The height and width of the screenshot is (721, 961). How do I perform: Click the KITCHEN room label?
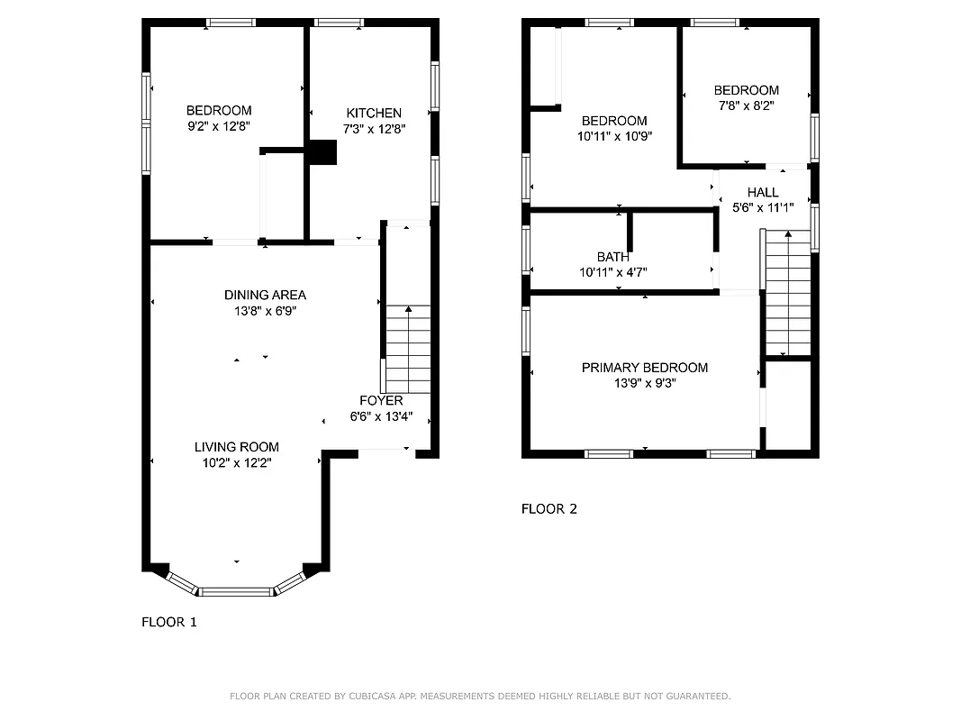coord(374,113)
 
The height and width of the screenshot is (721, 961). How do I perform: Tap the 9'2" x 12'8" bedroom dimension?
coord(219,127)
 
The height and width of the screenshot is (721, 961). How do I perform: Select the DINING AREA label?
coord(265,295)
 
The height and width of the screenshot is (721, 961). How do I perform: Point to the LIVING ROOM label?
coord(237,447)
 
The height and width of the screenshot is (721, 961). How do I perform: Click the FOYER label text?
coord(381,400)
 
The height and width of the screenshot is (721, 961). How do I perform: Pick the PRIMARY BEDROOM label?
coord(644,368)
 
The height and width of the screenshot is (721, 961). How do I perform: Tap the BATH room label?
coord(613,257)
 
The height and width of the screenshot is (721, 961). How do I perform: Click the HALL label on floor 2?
coord(763,192)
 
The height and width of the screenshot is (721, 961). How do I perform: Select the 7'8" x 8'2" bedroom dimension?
coord(746,105)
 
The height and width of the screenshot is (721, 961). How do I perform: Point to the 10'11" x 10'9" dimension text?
coord(614,136)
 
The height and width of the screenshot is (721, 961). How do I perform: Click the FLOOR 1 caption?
coord(169,622)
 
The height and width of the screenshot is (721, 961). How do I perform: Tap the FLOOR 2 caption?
coord(549,509)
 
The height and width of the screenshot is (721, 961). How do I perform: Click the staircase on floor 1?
coord(408,349)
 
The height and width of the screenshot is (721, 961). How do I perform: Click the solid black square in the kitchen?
coord(322,153)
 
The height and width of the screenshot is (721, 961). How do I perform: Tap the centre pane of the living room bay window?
coord(235,591)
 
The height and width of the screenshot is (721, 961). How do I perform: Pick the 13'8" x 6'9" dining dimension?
coord(265,311)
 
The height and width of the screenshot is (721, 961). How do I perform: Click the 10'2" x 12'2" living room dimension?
coord(237,462)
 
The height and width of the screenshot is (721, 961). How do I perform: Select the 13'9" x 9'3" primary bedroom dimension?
coord(644,383)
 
